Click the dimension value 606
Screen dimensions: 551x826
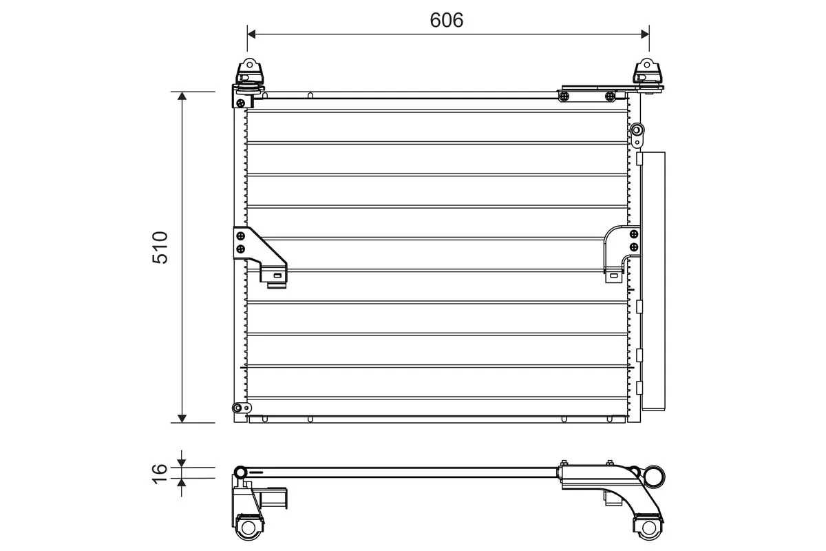tap(447, 20)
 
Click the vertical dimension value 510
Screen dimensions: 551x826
tap(160, 248)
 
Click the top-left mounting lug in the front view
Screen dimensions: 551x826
tap(249, 73)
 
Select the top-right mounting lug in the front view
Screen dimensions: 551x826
tap(647, 73)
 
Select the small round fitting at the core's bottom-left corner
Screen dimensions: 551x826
tap(238, 408)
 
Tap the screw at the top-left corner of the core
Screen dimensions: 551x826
tap(240, 103)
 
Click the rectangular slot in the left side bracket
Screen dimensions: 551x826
tap(277, 277)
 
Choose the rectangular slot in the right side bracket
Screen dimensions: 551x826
tap(611, 277)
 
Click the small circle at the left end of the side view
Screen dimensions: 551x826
tap(240, 472)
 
